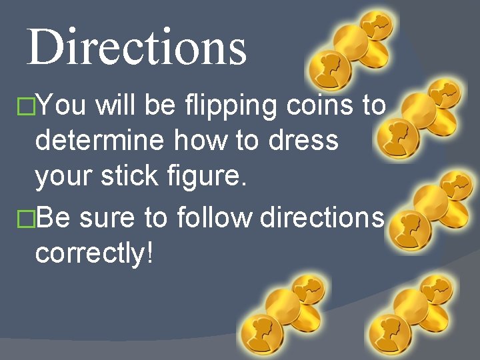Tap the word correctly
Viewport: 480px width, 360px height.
89,253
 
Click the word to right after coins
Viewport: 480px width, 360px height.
373,105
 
